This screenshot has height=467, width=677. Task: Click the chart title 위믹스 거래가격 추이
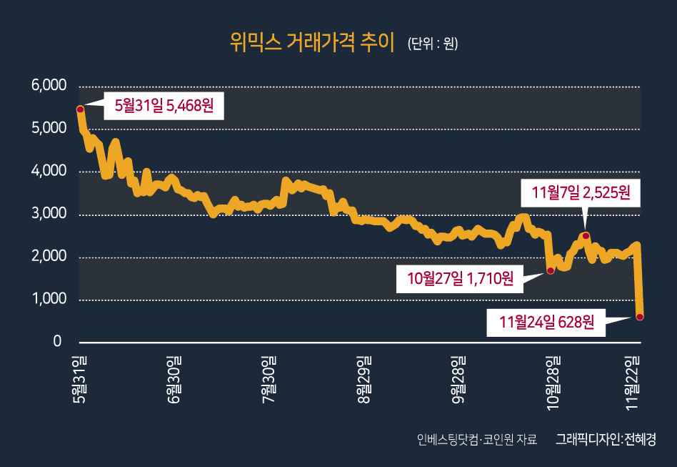coord(312,43)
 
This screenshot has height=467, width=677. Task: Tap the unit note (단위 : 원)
coord(433,44)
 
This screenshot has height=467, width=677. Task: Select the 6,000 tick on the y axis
coord(49,85)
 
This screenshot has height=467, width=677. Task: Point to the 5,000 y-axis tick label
coord(49,128)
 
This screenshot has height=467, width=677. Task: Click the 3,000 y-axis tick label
coord(49,213)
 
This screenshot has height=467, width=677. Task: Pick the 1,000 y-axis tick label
coord(49,298)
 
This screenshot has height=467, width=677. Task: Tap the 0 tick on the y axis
coord(57,341)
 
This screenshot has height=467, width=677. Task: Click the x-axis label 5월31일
coord(79,379)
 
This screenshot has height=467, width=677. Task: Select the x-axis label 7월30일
coord(269,379)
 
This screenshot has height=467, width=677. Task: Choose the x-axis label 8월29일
coord(363,379)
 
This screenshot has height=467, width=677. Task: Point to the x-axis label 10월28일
coord(553,383)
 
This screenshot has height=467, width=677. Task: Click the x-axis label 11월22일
coord(632,383)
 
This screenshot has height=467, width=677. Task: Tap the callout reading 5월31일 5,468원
coord(164,106)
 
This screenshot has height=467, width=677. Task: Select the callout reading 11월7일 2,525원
coord(581,192)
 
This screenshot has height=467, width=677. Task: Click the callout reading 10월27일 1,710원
coord(460,279)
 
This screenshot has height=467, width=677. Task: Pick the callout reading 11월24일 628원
coord(546,322)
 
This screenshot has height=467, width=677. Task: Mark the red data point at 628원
coord(640,317)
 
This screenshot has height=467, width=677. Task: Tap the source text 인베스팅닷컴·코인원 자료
coord(476,439)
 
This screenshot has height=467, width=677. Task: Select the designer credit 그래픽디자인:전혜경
coord(606,439)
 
